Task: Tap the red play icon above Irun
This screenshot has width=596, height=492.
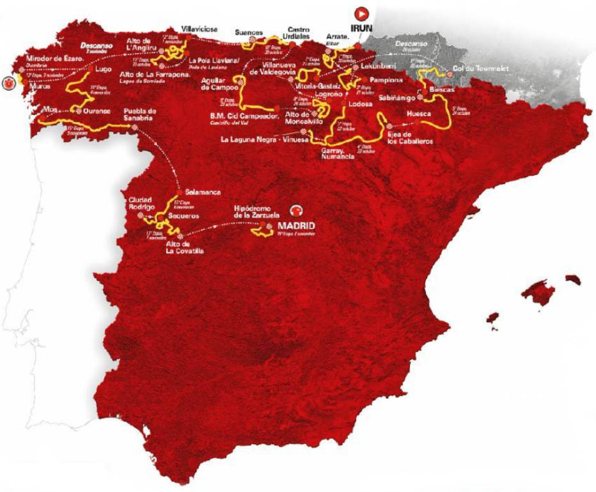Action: pyautogui.click(x=362, y=12)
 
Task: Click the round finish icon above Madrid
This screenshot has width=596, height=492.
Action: pyautogui.click(x=295, y=210)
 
